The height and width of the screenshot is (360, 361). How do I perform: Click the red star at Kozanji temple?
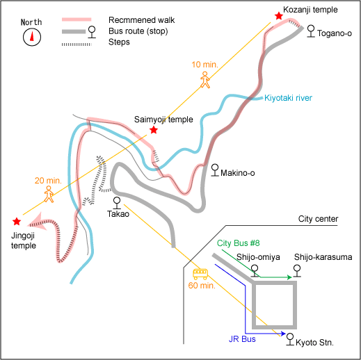point(279,16)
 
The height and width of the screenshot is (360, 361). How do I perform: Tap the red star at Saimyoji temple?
point(154,130)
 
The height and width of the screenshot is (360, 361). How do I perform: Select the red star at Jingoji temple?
point(17,221)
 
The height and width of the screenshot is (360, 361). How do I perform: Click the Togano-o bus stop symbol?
point(311,31)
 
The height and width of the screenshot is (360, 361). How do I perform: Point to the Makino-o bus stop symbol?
point(215,170)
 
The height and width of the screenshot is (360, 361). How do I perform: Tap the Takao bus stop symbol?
point(117,203)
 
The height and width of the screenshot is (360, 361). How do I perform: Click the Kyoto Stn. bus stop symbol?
point(290,339)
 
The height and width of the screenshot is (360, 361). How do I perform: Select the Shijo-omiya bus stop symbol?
point(255,271)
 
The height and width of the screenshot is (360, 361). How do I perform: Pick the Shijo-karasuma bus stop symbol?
point(297,271)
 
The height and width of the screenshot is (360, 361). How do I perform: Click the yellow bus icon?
point(200,274)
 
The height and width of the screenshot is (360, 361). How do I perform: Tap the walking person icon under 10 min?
point(205,80)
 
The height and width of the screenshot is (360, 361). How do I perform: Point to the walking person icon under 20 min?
point(49,194)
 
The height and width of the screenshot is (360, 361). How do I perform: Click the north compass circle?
point(32,37)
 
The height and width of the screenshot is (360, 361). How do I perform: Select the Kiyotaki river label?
point(288,98)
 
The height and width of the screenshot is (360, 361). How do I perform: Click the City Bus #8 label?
point(238,243)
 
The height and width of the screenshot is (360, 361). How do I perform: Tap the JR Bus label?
point(242,339)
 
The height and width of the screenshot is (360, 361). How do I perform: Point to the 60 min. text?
point(202,286)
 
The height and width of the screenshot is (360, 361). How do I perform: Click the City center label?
point(318,219)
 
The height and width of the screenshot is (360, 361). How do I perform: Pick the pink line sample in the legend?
point(77,19)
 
